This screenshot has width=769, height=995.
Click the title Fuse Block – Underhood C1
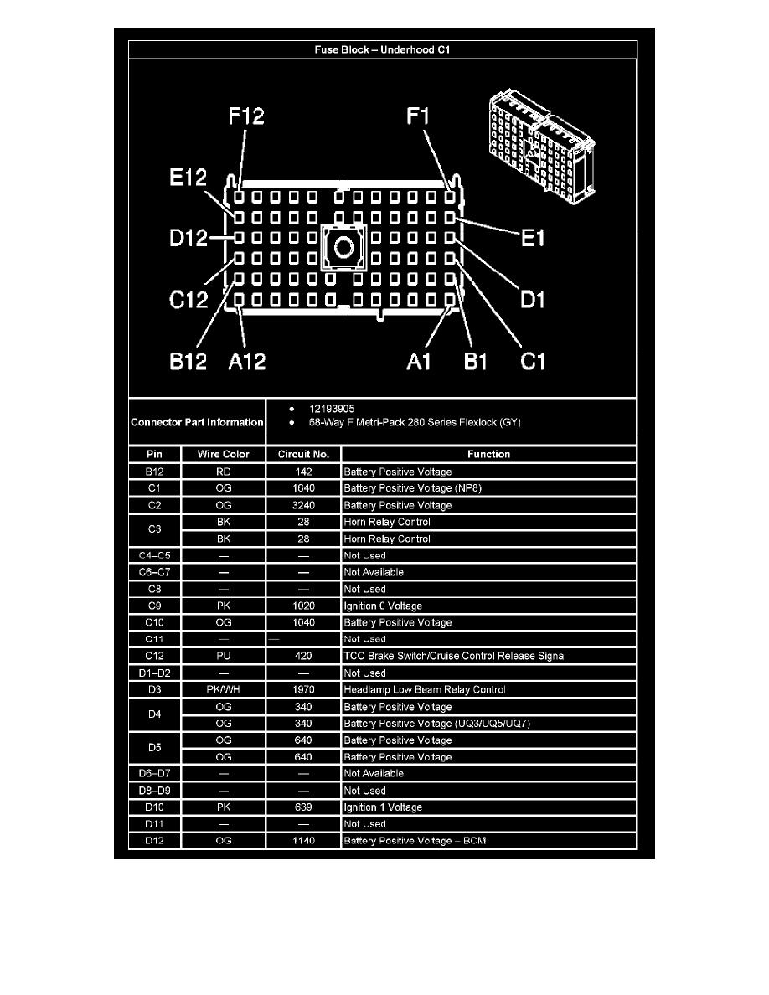click(x=382, y=49)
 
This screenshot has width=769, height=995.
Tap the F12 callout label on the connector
click(x=246, y=116)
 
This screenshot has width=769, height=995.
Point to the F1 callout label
click(x=419, y=116)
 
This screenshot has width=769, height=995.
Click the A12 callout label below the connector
click(x=247, y=361)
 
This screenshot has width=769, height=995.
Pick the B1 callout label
click(x=477, y=361)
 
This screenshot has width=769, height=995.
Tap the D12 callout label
click(x=188, y=239)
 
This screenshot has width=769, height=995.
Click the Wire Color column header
click(x=223, y=454)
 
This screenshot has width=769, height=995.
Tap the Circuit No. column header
click(x=303, y=454)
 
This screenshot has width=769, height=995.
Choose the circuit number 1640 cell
click(x=303, y=488)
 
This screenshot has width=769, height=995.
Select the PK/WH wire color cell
click(x=223, y=689)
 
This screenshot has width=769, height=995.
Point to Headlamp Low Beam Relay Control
click(x=425, y=689)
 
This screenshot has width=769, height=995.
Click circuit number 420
click(x=303, y=656)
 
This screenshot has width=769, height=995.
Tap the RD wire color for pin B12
click(x=223, y=472)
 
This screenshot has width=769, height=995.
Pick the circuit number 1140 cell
click(x=303, y=840)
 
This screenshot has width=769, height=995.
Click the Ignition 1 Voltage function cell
click(x=383, y=807)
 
